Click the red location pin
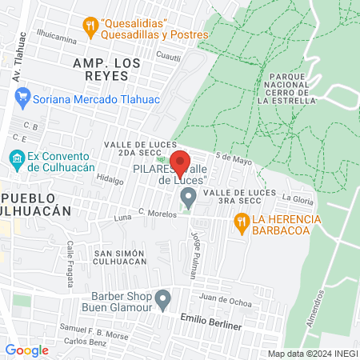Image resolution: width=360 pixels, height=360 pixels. coord(181,163)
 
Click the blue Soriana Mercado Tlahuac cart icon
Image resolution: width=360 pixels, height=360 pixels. coord(22,99)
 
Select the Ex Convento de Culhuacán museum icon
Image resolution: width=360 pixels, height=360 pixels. coord(16,158)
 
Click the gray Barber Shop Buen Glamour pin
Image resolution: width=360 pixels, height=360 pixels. coord(163,299)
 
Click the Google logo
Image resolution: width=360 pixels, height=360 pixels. coord(26,350)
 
